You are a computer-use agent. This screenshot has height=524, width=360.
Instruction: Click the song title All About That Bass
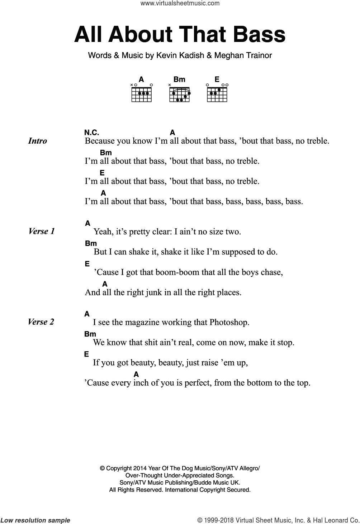click(x=180, y=35)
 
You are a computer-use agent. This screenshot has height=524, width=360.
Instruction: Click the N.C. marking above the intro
click(x=92, y=132)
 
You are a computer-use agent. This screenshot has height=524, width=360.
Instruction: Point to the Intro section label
click(x=37, y=141)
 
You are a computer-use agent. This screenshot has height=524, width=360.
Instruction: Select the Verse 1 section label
click(x=42, y=231)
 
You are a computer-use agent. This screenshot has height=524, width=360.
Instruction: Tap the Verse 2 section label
click(x=41, y=322)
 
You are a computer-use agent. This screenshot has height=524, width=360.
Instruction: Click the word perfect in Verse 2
click(x=198, y=383)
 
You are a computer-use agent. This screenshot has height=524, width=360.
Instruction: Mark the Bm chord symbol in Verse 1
click(x=91, y=243)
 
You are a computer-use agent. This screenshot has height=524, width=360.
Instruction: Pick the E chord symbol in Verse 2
click(x=86, y=354)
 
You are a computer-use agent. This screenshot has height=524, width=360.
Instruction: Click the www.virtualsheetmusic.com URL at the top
click(x=180, y=4)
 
